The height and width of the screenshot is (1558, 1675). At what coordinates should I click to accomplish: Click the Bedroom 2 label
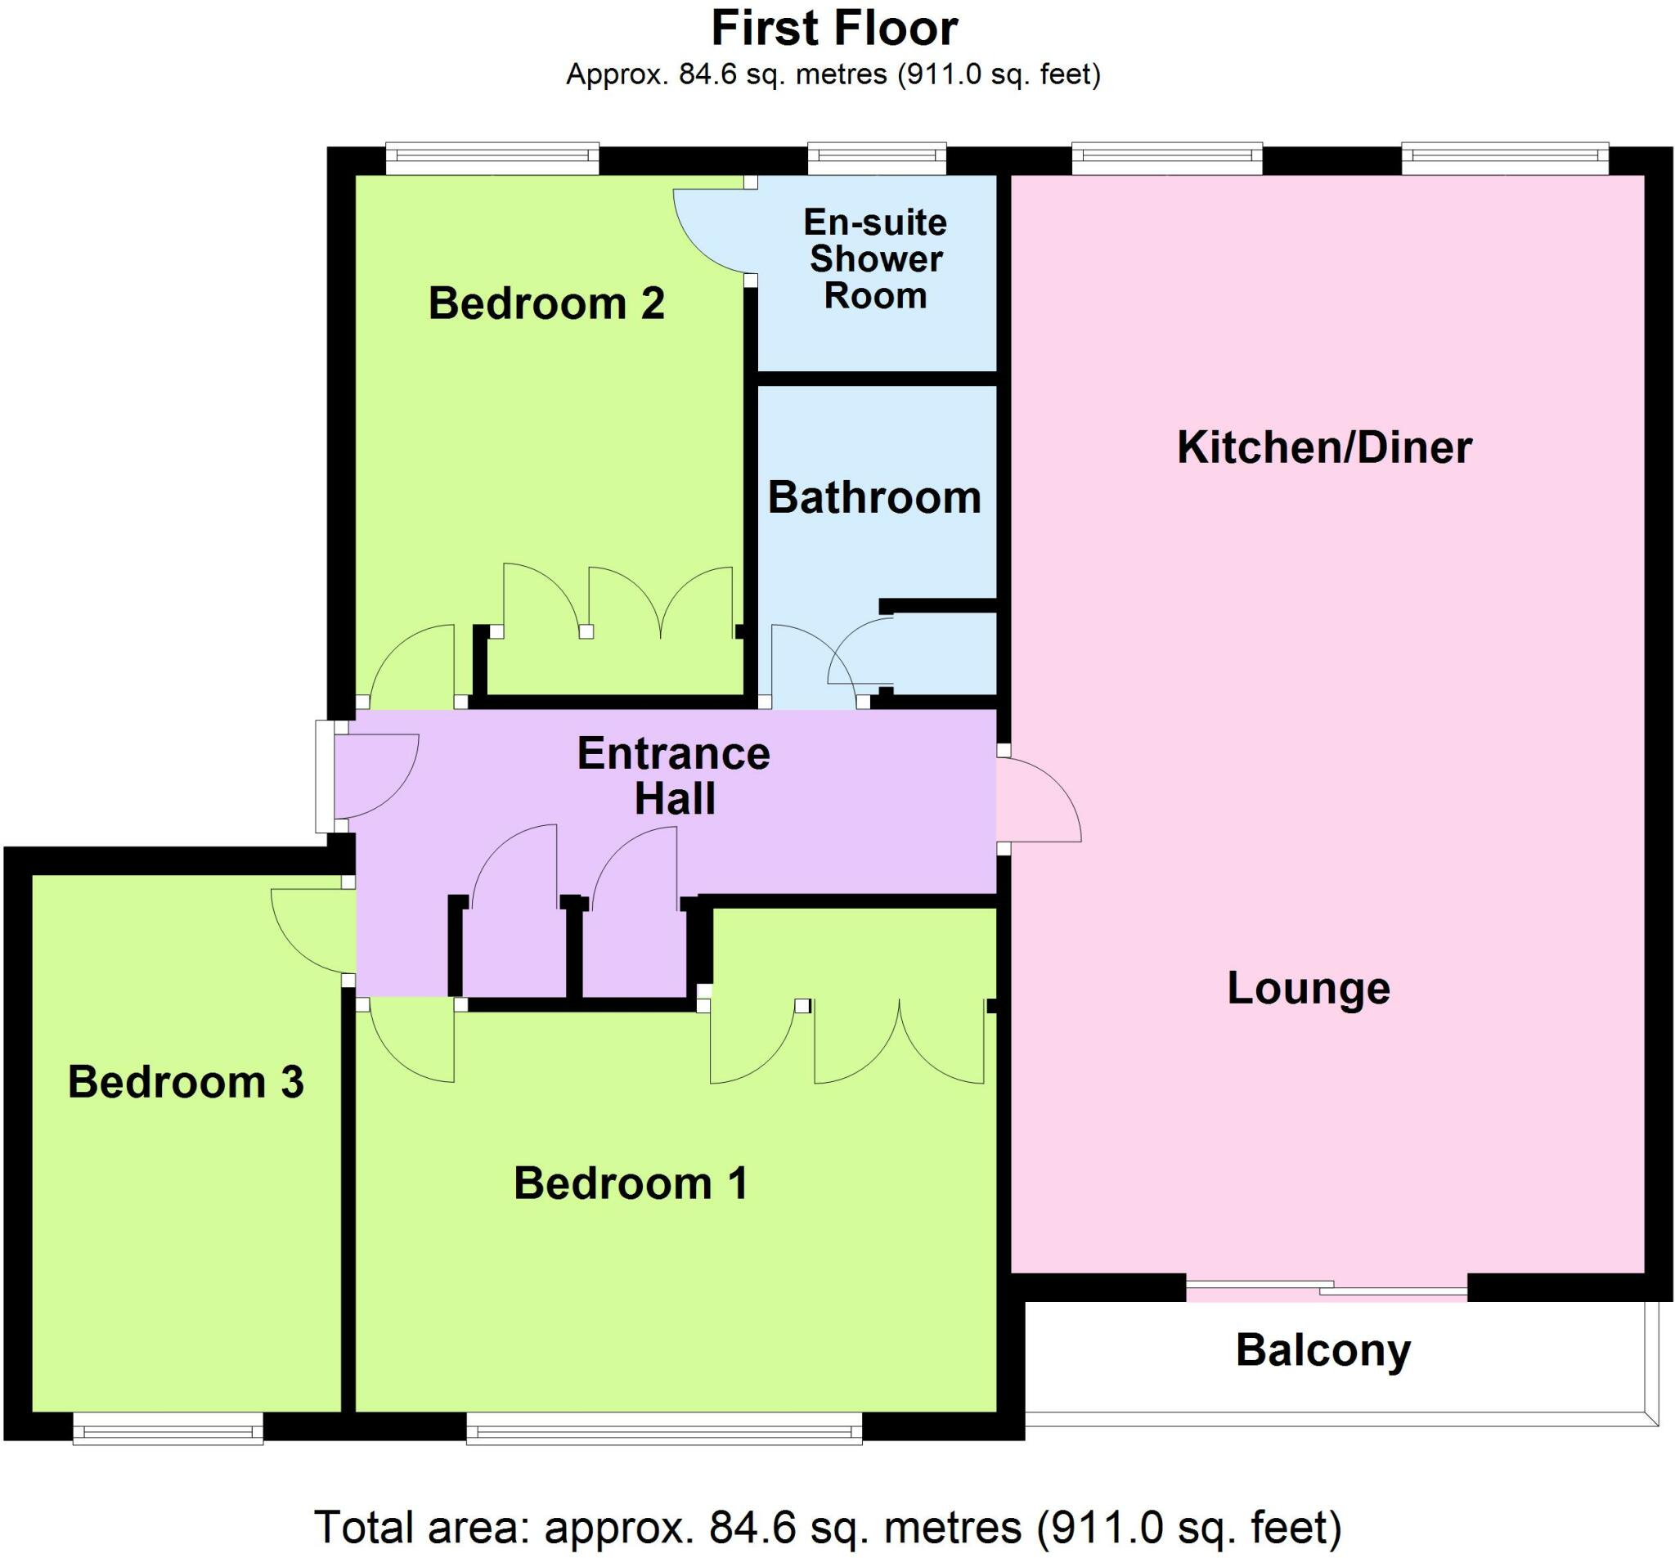click(546, 303)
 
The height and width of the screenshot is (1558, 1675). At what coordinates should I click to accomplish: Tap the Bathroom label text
click(874, 497)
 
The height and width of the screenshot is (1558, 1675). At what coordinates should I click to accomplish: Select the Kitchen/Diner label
click(1323, 447)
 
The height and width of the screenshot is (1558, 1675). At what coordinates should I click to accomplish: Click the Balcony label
click(1322, 1350)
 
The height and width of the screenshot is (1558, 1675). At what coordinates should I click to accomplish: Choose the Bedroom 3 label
click(186, 1082)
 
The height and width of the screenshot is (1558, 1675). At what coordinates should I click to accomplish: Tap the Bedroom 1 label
click(631, 1183)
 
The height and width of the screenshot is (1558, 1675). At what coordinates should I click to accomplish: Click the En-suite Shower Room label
click(875, 258)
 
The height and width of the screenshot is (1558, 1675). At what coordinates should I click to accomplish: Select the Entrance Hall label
click(674, 775)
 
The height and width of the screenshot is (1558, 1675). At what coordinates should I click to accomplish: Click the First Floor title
click(834, 29)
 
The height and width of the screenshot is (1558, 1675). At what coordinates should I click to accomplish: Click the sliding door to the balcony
click(1327, 1287)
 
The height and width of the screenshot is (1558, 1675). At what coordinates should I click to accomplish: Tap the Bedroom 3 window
click(168, 1429)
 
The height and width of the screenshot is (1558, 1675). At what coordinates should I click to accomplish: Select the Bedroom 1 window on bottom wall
click(664, 1429)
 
